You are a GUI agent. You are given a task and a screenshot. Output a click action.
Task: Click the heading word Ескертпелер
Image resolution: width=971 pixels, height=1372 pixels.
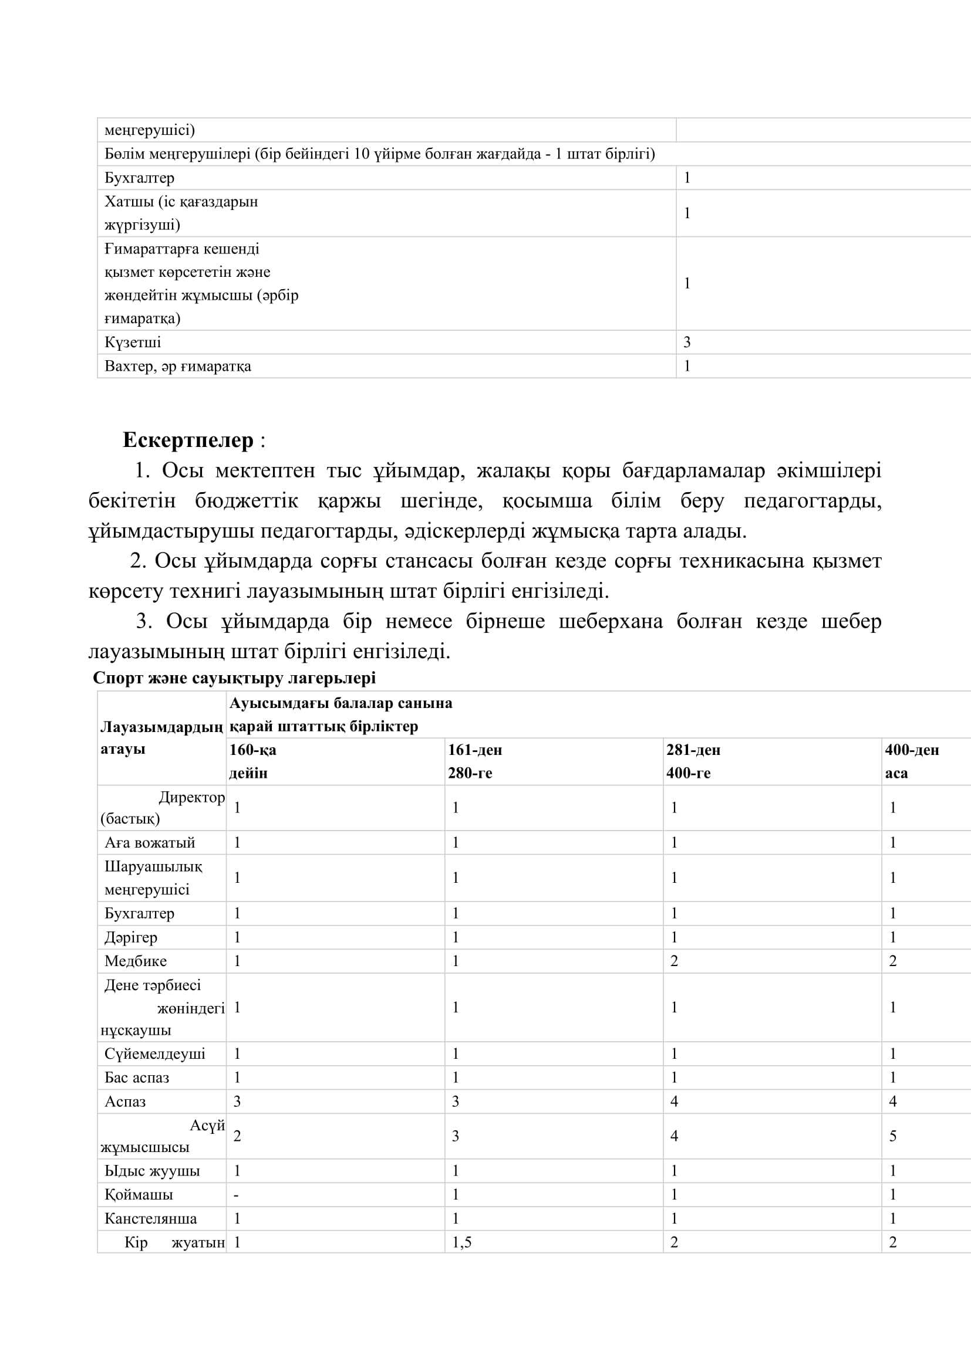(x=188, y=440)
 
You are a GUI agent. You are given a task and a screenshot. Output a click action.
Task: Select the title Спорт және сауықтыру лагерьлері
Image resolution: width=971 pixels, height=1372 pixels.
(x=234, y=677)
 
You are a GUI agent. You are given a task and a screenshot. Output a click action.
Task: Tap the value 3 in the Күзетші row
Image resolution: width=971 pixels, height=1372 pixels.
(x=687, y=342)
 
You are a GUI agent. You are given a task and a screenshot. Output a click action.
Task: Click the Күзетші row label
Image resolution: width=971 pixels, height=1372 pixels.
(x=133, y=342)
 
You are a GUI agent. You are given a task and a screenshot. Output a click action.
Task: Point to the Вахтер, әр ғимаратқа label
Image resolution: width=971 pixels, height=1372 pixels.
(x=177, y=365)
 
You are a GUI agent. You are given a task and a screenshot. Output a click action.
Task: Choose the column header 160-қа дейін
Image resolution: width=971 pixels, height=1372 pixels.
(x=253, y=761)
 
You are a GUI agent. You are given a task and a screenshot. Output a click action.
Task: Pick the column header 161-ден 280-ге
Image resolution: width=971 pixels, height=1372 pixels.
(x=475, y=761)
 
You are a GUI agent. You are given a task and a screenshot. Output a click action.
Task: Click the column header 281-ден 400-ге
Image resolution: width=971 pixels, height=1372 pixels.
(x=693, y=761)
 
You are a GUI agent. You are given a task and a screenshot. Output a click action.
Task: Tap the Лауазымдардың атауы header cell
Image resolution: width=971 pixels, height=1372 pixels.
(x=161, y=737)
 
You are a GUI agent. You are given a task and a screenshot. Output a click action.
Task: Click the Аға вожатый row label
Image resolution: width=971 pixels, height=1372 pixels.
(x=150, y=842)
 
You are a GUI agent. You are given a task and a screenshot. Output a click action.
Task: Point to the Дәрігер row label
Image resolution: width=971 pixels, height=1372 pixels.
(x=131, y=937)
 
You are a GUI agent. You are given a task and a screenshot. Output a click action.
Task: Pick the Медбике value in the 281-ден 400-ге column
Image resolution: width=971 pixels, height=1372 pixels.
(x=674, y=961)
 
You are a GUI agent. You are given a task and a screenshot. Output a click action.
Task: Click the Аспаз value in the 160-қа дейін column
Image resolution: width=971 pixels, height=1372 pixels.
(x=237, y=1102)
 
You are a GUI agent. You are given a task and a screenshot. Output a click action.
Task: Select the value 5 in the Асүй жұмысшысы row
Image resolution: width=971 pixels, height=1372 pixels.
(x=892, y=1136)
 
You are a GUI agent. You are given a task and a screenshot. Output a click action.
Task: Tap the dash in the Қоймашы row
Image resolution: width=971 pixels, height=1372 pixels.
(x=236, y=1194)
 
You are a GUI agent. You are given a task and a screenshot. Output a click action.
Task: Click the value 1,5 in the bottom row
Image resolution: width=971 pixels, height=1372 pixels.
(x=461, y=1242)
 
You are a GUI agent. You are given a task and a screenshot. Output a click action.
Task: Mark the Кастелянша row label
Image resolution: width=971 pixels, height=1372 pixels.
(x=151, y=1218)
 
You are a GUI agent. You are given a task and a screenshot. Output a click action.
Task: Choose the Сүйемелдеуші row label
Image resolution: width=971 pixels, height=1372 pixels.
(x=155, y=1053)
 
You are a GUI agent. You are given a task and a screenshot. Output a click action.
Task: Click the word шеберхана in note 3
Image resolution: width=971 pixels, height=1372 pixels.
(x=611, y=621)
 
